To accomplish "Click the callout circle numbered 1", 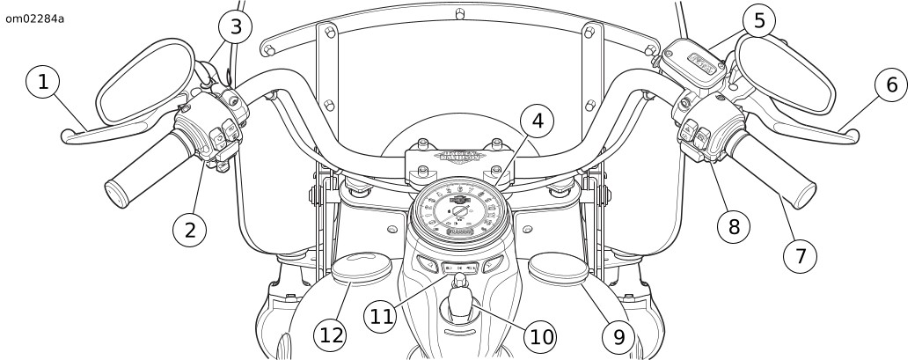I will pos(43,84).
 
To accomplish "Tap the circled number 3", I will pos(234,26).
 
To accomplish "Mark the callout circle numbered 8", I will pos(734,226).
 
